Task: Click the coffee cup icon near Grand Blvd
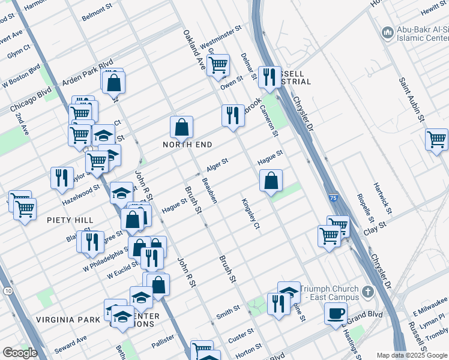336,313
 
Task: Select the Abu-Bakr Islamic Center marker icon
387,31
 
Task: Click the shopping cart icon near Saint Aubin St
436,139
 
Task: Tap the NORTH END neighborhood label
187,145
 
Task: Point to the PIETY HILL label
71,220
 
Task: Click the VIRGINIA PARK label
67,320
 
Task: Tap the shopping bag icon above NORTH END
181,127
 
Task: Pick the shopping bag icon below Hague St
271,179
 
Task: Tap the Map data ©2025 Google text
411,355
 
